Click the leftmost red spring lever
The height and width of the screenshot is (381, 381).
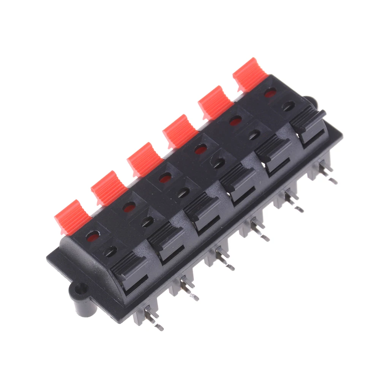tap(72, 215)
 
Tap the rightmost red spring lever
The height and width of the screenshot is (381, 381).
tap(250, 74)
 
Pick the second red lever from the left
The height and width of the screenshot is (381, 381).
tap(109, 187)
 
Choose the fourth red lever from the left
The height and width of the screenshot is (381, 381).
tap(180, 131)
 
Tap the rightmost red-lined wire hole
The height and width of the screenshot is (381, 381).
tap(270, 92)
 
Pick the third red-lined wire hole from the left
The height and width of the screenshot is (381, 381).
tap(165, 178)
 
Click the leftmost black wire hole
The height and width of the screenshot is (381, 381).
tap(111, 251)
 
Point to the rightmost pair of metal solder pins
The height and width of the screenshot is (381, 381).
tap(325, 173)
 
